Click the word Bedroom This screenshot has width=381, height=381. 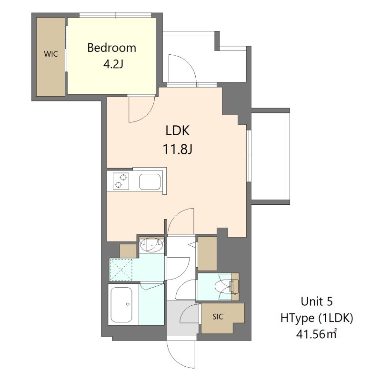[111, 48]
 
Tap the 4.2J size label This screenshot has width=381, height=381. [113, 64]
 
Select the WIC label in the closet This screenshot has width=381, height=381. [51, 54]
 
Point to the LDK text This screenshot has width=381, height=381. [177, 130]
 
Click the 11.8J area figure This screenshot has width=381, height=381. [177, 149]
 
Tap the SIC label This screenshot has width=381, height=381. [218, 317]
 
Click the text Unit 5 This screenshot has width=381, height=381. [316, 301]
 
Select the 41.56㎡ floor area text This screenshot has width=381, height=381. [316, 334]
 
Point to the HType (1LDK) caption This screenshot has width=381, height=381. [316, 318]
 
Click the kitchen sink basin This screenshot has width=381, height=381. [150, 182]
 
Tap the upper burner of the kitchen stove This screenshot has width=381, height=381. [124, 177]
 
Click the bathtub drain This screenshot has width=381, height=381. [128, 304]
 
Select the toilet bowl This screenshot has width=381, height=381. [223, 287]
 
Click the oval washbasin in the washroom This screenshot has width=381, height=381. [151, 245]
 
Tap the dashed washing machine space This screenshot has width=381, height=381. [121, 270]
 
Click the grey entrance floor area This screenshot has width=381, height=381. [182, 318]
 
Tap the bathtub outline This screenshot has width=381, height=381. [121, 304]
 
